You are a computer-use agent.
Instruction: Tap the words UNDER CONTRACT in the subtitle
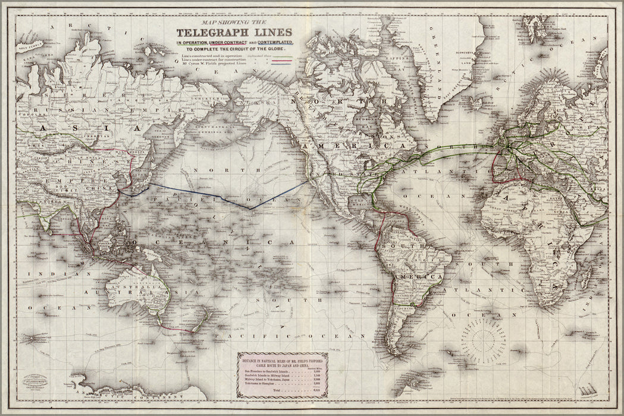(x=229, y=44)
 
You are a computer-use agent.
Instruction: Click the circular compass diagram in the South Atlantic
(x=484, y=341)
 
